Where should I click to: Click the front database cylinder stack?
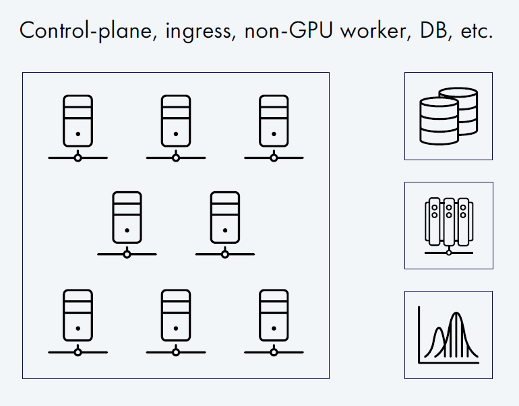(x=438, y=121)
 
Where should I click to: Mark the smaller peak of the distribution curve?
(x=438, y=330)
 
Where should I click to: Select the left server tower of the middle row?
(x=127, y=217)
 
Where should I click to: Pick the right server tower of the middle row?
(x=225, y=217)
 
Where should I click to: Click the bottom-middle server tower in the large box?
(x=176, y=314)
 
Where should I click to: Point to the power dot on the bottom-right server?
(x=274, y=329)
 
